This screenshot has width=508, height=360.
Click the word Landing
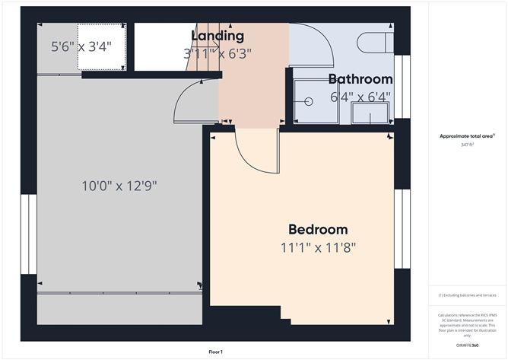click(x=217, y=36)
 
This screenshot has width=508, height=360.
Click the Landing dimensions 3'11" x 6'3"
click(x=217, y=53)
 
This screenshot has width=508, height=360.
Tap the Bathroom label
click(x=360, y=79)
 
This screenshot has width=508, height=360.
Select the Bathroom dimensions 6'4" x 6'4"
click(x=360, y=97)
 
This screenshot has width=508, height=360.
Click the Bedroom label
click(x=318, y=229)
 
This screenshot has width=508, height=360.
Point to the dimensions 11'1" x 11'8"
click(x=318, y=247)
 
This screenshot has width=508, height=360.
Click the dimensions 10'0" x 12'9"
click(x=119, y=186)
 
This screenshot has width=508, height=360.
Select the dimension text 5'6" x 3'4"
click(x=81, y=46)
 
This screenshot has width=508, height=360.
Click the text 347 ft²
click(x=466, y=145)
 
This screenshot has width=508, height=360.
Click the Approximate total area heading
click(x=466, y=136)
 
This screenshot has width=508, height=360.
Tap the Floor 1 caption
click(x=216, y=352)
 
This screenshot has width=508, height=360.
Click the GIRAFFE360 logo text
click(x=466, y=345)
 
